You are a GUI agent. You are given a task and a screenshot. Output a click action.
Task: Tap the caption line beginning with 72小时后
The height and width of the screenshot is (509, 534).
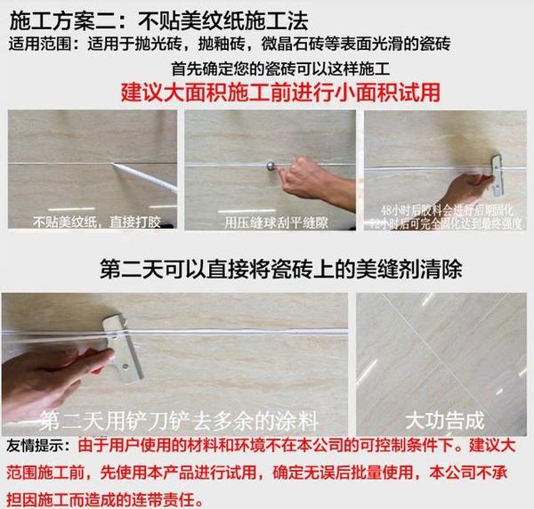click(446, 219)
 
